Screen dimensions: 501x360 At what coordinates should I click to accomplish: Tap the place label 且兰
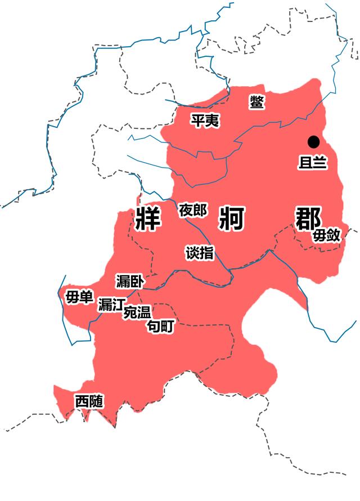coord(312,162)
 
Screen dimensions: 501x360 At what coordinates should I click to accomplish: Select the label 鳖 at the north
coord(258,102)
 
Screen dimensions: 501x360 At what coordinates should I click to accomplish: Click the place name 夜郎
coord(193,211)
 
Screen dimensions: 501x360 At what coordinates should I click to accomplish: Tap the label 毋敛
coord(326,235)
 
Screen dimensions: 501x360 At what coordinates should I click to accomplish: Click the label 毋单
coord(79,297)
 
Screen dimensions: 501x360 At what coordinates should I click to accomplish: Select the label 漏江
coord(111,305)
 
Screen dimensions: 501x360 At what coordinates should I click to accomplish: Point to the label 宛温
coord(137,313)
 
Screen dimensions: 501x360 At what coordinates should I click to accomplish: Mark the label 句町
coord(160,326)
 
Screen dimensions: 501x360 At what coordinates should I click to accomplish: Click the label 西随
coord(89,402)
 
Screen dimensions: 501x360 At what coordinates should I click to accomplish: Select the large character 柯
coord(230,218)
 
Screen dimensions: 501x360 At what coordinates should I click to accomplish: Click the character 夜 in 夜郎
coord(186,211)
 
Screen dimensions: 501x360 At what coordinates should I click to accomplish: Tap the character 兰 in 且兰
coord(319,162)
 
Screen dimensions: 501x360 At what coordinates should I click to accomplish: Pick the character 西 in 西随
coord(82,402)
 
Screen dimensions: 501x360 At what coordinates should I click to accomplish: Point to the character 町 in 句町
coord(167,326)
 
